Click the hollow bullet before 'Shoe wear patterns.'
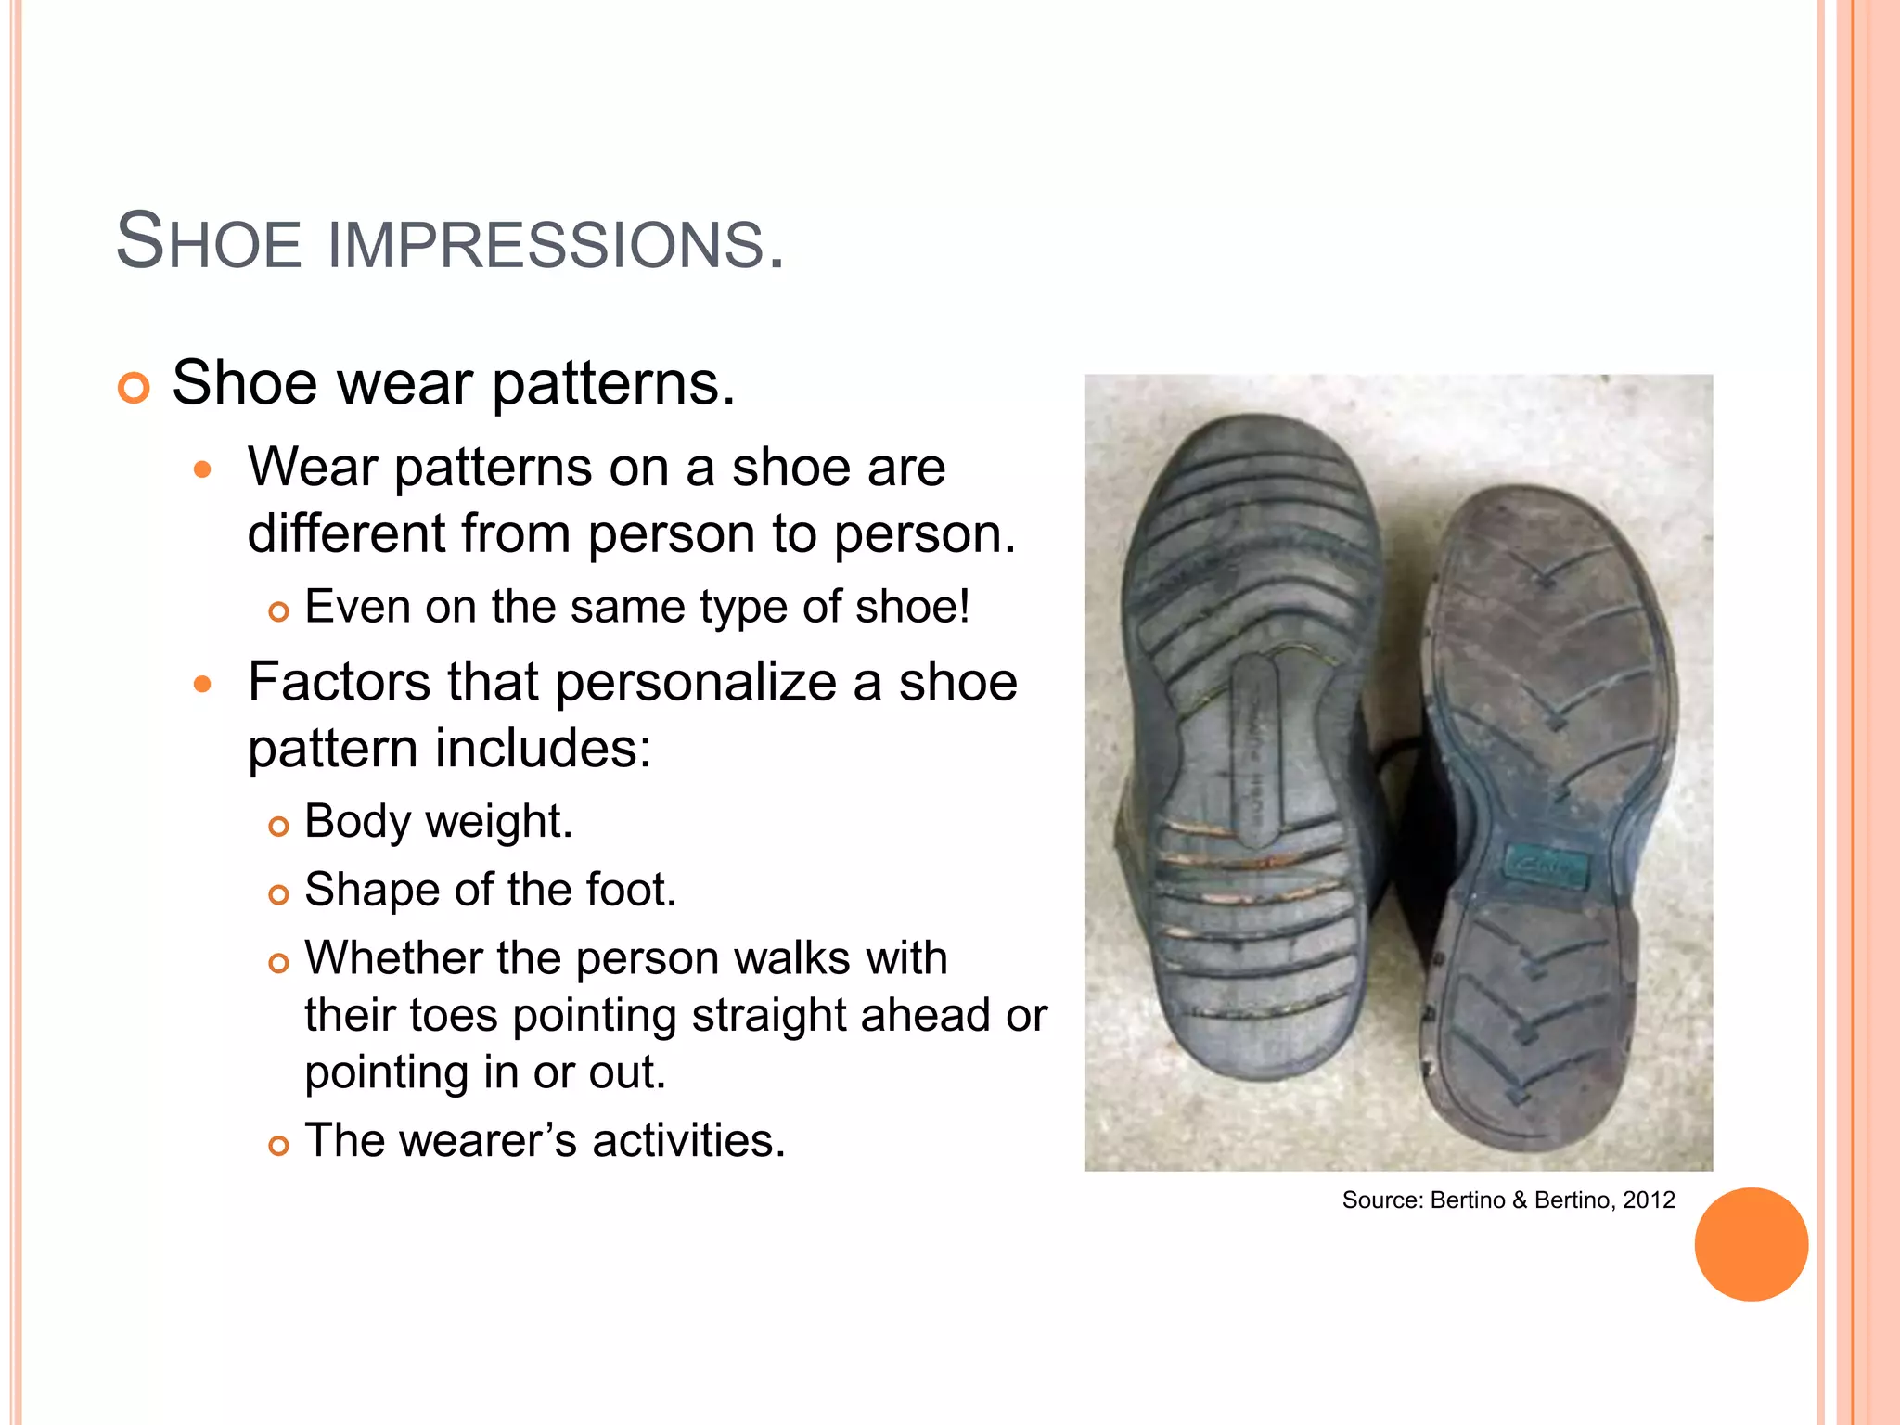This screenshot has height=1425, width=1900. [x=134, y=388]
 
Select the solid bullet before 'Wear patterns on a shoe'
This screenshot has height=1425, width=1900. [x=203, y=470]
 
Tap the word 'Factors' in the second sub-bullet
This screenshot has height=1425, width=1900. [x=340, y=682]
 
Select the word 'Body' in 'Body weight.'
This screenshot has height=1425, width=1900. [x=357, y=822]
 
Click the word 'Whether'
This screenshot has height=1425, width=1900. [x=393, y=958]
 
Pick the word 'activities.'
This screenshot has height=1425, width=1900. [x=689, y=1141]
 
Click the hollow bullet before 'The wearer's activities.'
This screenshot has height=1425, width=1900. [x=278, y=1147]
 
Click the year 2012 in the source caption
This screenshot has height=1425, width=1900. [x=1649, y=1200]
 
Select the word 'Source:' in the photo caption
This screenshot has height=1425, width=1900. [x=1381, y=1200]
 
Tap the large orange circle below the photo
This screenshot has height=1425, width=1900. [x=1751, y=1244]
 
